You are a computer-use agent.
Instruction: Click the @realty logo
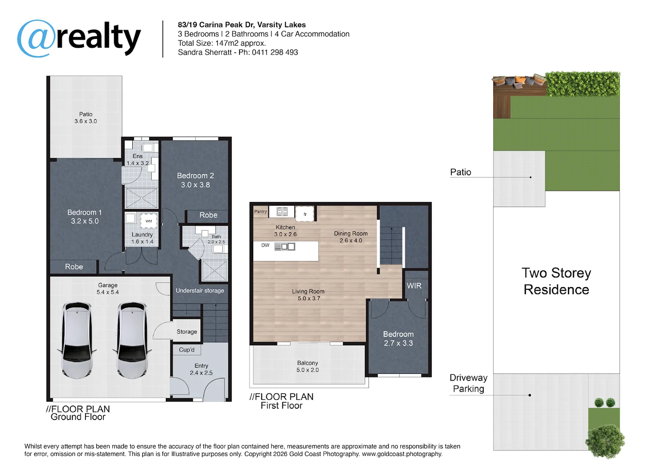(79, 38)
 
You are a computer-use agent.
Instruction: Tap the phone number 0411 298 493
(274, 52)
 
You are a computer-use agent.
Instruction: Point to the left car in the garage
(77, 340)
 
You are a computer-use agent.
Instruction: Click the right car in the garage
(132, 340)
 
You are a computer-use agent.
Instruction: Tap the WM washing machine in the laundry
(149, 221)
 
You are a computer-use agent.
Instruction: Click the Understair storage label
(200, 291)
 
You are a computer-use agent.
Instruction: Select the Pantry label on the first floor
(260, 212)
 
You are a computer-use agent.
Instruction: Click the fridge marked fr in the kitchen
(305, 214)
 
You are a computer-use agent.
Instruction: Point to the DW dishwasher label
(265, 245)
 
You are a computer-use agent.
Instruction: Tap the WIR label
(414, 286)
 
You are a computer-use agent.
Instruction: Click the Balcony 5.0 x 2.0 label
(307, 366)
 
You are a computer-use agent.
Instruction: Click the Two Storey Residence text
(556, 281)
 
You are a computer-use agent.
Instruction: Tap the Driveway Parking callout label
(468, 383)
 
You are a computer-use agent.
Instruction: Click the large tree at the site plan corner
(605, 441)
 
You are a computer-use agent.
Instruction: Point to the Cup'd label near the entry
(186, 350)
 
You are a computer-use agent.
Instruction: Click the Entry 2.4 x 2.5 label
(201, 369)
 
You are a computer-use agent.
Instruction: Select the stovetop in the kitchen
(282, 212)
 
